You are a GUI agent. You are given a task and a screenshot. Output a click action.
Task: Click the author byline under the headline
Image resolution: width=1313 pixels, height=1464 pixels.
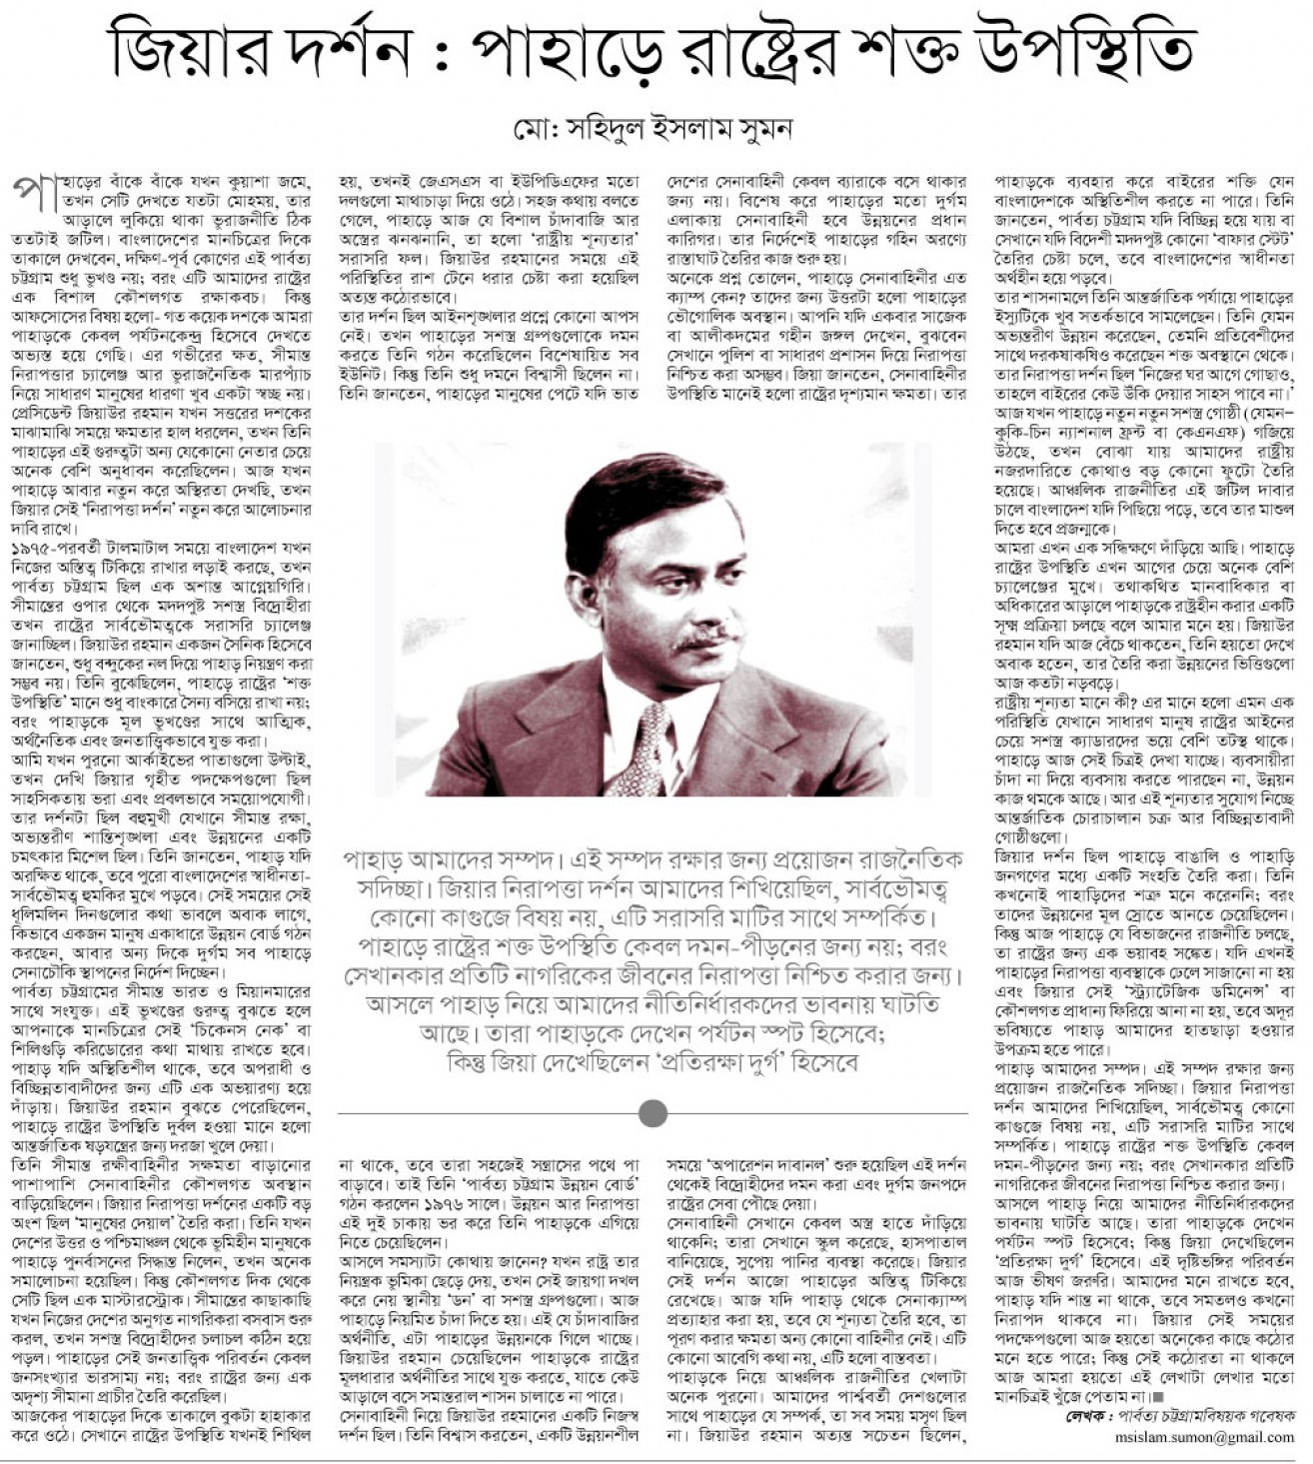pyautogui.click(x=653, y=129)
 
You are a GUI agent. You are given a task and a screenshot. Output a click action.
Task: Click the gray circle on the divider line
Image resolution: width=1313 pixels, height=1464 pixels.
pyautogui.click(x=653, y=1112)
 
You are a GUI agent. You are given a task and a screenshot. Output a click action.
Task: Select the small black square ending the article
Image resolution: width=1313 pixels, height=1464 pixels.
pyautogui.click(x=1157, y=1397)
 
